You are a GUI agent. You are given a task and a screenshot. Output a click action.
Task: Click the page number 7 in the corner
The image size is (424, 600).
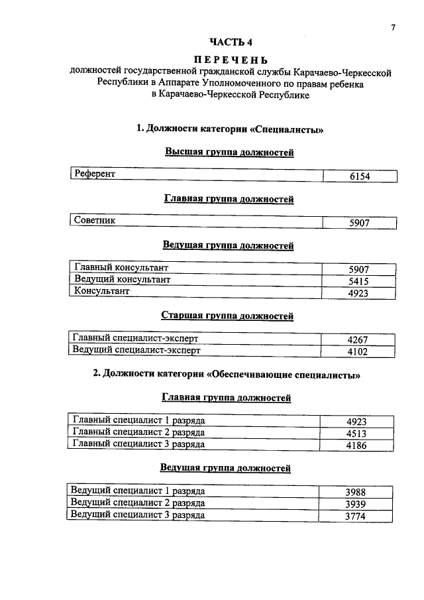[393, 27]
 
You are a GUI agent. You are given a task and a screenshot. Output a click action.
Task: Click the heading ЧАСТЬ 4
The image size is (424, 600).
[229, 44]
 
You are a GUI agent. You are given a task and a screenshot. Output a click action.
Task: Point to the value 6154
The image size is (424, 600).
[359, 176]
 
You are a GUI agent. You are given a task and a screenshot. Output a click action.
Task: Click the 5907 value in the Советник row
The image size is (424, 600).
[359, 223]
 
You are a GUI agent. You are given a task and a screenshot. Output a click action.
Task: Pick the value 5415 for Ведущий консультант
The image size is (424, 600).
[358, 281]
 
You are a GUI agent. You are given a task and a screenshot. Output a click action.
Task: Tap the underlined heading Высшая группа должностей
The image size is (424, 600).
[229, 152]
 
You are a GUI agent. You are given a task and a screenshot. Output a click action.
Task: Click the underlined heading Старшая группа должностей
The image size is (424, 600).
[227, 316]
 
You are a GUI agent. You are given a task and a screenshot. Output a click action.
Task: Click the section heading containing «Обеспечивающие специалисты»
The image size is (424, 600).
[227, 375]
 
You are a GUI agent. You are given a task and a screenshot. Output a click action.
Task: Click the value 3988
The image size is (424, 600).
[355, 493]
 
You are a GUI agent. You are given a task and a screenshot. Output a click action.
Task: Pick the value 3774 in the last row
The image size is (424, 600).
[355, 516]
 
